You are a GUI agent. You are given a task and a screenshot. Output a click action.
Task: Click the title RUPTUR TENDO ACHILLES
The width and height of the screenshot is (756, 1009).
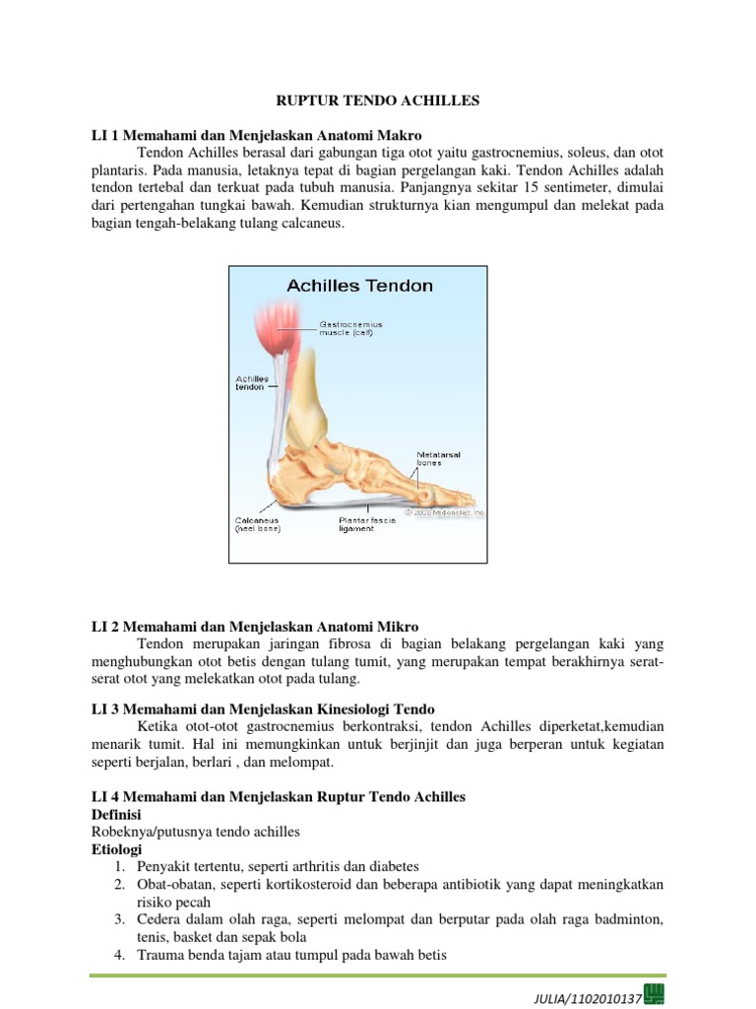[x=378, y=101]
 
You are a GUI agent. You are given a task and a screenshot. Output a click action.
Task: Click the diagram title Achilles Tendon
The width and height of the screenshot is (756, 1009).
[x=359, y=286]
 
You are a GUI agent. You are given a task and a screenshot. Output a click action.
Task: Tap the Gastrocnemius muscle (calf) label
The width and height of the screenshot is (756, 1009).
[x=350, y=327]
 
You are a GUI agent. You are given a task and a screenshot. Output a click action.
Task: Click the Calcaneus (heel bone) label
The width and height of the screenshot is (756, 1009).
[x=258, y=523]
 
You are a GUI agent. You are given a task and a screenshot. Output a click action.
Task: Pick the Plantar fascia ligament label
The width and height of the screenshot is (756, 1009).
[x=367, y=523]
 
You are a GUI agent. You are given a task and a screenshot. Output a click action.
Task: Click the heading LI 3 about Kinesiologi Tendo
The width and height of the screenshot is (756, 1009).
[x=263, y=709]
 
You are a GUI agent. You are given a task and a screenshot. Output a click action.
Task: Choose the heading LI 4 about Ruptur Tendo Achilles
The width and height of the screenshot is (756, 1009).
[x=279, y=796]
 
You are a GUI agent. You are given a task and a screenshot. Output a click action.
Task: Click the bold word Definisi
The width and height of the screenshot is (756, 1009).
[x=115, y=815]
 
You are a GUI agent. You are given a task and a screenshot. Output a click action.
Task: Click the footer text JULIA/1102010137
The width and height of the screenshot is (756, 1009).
[x=585, y=998]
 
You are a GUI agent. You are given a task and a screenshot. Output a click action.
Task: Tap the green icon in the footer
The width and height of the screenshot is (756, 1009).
[x=653, y=992]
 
